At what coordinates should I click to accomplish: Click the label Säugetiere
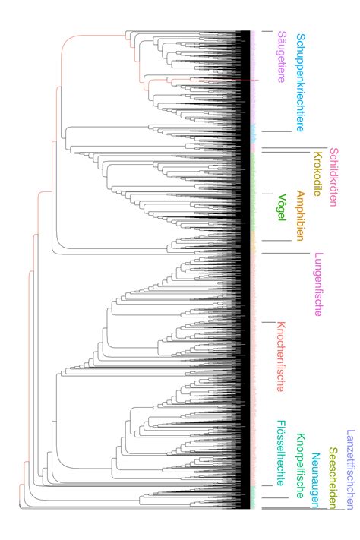[x=282, y=57]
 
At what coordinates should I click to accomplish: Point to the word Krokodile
[x=317, y=174]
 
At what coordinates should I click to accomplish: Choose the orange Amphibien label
[x=301, y=216]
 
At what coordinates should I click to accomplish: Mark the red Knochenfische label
[x=281, y=356]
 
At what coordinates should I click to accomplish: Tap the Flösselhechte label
[x=282, y=453]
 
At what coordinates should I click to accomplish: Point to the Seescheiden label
[x=332, y=468]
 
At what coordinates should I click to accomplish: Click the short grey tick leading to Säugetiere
[x=267, y=31]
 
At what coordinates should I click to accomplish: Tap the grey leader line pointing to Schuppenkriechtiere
[x=279, y=132]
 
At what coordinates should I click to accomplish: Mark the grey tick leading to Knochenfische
[x=267, y=321]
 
